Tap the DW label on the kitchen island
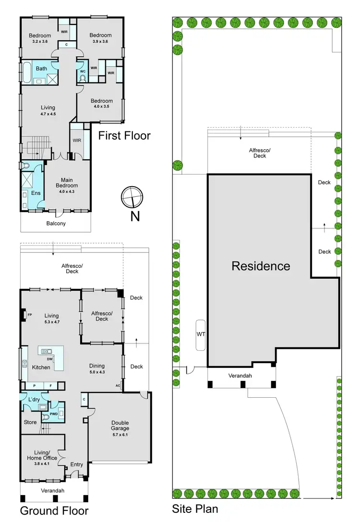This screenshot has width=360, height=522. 49,359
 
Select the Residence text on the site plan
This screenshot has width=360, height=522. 261,266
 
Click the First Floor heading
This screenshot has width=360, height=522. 124,136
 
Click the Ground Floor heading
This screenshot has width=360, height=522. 54,510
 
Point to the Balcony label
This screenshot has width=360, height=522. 56,224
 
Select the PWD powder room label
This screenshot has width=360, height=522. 54,414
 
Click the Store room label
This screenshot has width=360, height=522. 30,422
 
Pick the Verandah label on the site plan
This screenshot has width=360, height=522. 240,376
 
